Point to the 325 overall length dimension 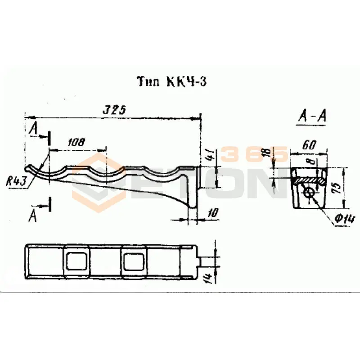(113, 110)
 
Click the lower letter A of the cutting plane (33, 216)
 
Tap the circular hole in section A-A (309, 193)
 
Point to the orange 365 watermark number (254, 154)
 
